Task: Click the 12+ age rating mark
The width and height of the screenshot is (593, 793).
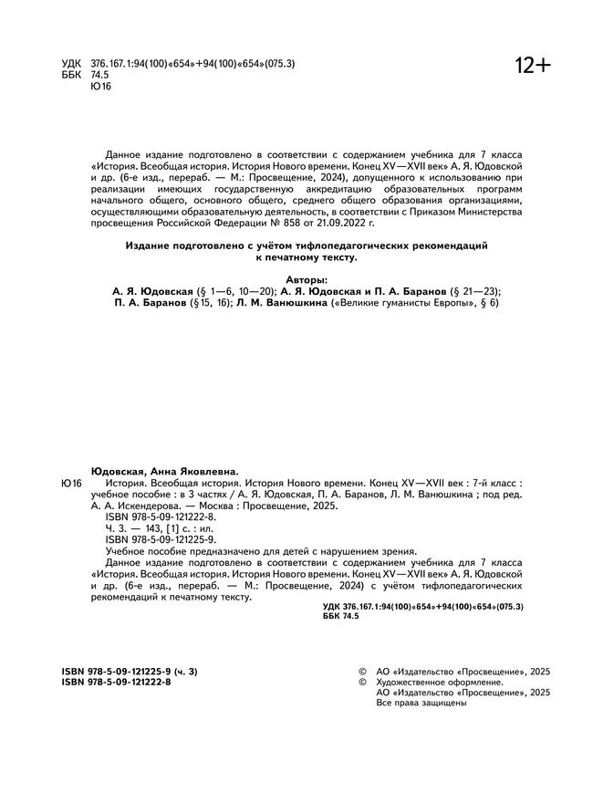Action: click(533, 66)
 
